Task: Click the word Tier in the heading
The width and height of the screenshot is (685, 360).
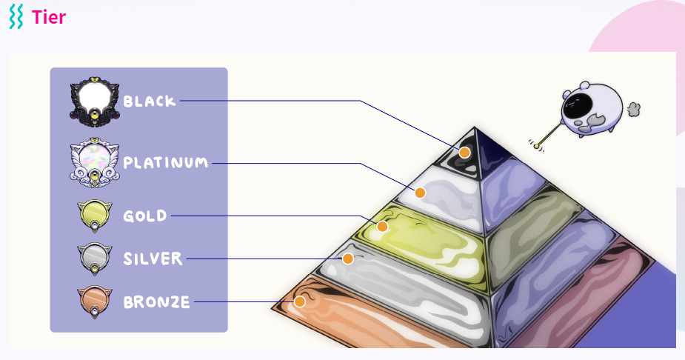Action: point(49,17)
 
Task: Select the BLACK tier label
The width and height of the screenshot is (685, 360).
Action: point(150,101)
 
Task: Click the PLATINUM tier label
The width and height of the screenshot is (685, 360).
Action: point(166,162)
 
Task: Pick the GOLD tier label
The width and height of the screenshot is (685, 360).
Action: point(145,216)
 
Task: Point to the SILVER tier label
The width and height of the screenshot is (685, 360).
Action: point(153,259)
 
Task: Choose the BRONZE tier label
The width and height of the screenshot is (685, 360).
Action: point(156,302)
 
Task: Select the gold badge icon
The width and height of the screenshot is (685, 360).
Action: point(95,215)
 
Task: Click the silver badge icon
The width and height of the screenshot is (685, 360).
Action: point(95,258)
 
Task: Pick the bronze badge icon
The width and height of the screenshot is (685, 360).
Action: point(95,301)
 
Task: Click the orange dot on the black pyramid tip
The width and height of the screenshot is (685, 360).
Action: point(464,153)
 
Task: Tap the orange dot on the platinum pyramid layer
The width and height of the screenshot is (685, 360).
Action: point(420,193)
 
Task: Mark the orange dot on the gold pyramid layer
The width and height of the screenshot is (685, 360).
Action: point(382,226)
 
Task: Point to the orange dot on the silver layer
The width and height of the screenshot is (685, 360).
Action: point(347,259)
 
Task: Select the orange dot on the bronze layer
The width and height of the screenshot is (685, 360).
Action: point(300,301)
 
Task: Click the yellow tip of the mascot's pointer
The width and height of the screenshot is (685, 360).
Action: point(537,146)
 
